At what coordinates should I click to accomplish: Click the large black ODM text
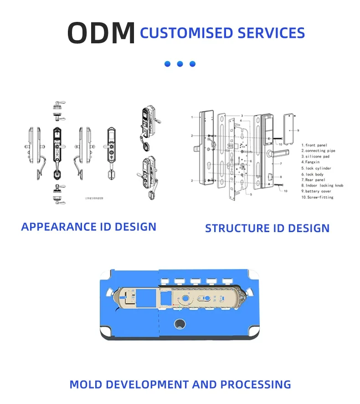[x=101, y=33]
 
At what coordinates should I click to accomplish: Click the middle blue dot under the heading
[x=180, y=64]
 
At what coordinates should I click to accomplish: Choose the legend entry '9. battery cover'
[x=319, y=192]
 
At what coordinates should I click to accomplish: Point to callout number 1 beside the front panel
[x=192, y=117]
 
